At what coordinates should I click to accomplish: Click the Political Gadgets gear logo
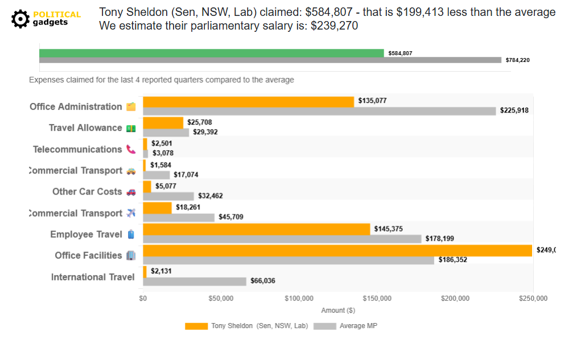(x=20, y=19)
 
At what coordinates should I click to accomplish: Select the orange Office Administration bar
(x=248, y=101)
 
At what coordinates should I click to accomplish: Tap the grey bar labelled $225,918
(x=319, y=111)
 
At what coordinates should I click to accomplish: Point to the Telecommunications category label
(x=77, y=150)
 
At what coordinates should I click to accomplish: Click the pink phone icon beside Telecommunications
(x=131, y=150)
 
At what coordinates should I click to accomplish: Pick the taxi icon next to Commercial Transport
(x=131, y=171)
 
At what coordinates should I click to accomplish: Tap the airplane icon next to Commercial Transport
(x=131, y=213)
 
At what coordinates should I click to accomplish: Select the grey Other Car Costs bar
(x=168, y=196)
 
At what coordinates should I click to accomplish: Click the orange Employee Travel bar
(x=256, y=229)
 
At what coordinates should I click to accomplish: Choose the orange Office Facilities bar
(x=337, y=250)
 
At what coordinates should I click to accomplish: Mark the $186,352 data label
(x=453, y=260)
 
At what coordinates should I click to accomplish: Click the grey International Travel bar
(x=195, y=282)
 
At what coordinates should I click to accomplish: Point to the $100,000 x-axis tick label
(x=299, y=298)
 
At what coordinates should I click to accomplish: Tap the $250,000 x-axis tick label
(x=533, y=298)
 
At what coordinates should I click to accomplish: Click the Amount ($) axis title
(x=338, y=311)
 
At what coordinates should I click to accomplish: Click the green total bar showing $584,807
(x=212, y=53)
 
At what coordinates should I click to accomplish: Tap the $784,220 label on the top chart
(x=517, y=60)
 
